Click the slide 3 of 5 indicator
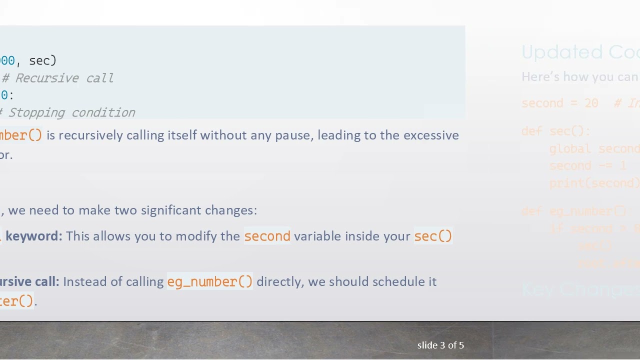tap(440, 345)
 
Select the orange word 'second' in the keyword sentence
tap(267, 236)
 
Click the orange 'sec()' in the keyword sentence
tap(433, 236)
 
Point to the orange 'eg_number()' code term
tap(210, 282)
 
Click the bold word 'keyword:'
tap(34, 236)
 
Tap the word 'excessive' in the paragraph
tap(431, 135)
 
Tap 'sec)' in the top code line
tap(43, 61)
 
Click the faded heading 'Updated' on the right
tap(555, 52)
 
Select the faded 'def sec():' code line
tap(556, 131)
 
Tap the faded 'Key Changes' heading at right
tap(580, 289)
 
